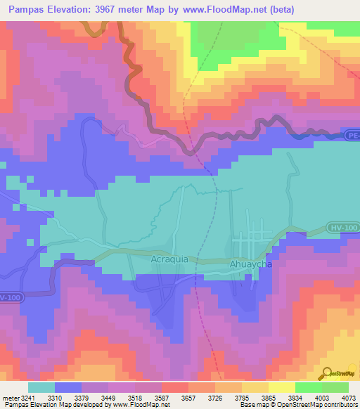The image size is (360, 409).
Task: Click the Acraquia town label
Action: [169, 259]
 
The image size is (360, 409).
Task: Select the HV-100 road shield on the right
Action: [340, 228]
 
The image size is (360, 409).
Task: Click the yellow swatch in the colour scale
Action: [282, 387]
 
